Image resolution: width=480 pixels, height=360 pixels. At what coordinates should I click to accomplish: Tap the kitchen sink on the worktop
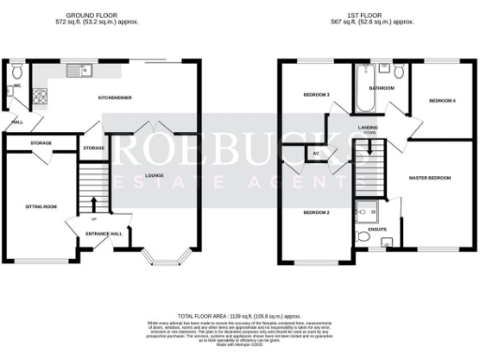point(79,67)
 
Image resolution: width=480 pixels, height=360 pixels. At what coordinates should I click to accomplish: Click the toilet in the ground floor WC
point(18,73)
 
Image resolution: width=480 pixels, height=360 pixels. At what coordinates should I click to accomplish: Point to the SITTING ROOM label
point(40,204)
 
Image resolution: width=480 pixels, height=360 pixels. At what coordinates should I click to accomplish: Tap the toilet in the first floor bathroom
point(397,71)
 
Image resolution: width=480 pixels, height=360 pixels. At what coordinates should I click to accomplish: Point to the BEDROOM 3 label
point(315,95)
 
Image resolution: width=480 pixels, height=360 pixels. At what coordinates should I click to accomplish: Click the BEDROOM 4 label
point(441,100)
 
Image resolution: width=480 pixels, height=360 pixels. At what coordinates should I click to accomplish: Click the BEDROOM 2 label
point(316,213)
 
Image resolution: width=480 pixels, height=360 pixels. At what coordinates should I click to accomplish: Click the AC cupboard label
point(316,153)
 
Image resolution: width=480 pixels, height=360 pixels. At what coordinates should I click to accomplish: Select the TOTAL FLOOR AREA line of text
point(239,317)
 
